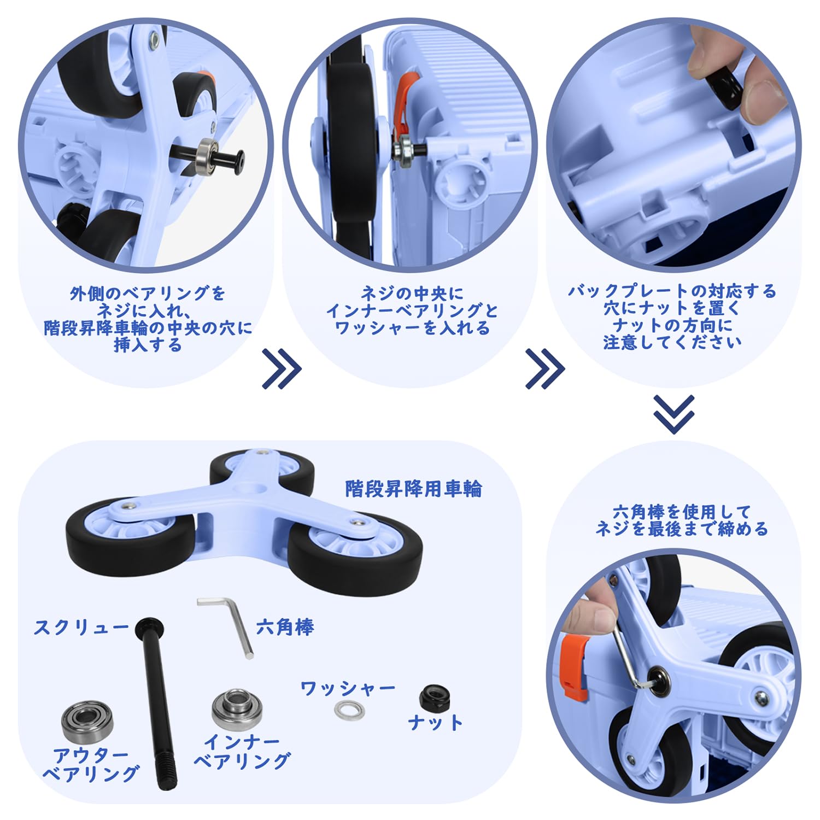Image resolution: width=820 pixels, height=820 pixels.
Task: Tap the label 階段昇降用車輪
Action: [x=413, y=488]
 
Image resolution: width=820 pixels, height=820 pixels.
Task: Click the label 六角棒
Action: [x=285, y=627]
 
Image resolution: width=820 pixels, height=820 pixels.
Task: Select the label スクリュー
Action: [x=81, y=627]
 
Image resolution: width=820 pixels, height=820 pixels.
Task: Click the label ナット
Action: [x=435, y=723]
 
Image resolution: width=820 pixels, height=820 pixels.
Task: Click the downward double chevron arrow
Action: [x=673, y=414]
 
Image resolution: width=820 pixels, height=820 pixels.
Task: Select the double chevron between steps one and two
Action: [x=281, y=369]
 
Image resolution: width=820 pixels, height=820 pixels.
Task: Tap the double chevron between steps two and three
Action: [x=544, y=369]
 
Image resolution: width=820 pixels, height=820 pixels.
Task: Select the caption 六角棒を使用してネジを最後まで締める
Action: [x=681, y=520]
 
